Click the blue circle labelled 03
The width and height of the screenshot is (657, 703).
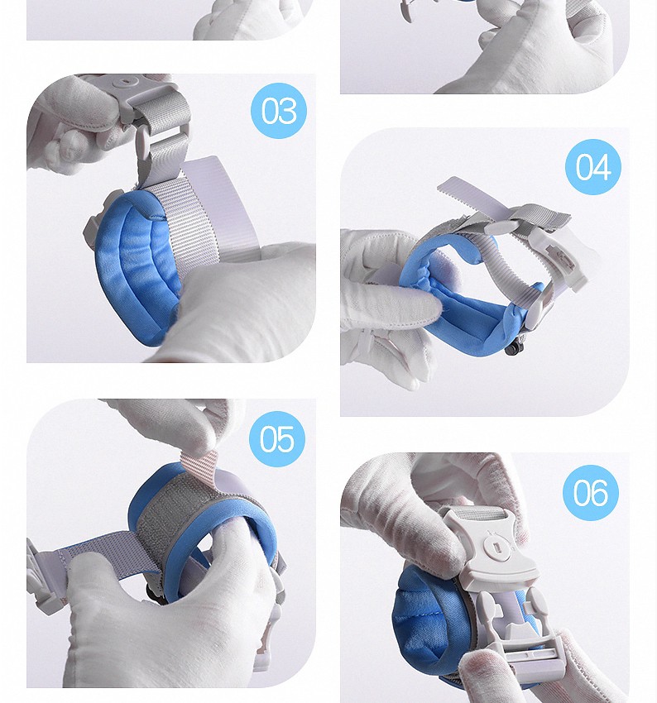pos(278,110)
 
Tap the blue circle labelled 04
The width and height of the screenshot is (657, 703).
pos(592,167)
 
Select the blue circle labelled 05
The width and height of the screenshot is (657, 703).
pos(277,438)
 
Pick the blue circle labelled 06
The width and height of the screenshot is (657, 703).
pos(590,492)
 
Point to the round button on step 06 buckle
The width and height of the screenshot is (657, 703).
pos(496,548)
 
